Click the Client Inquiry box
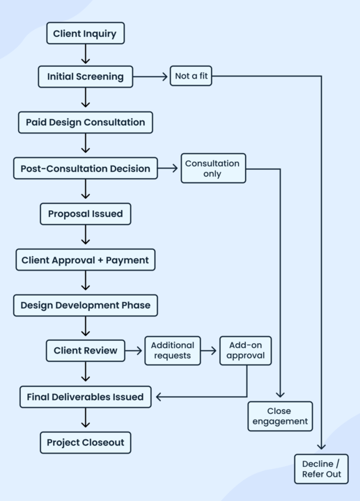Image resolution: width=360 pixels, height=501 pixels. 85,33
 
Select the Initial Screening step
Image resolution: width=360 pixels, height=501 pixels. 85,77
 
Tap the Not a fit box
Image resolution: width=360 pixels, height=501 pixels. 190,77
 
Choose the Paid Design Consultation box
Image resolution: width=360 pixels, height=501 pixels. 85,122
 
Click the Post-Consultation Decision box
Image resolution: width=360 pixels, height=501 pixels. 85,168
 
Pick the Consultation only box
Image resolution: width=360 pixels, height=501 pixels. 212,168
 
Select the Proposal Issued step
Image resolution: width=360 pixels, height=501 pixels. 85,214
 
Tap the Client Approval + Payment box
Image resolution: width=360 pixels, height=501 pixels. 85,260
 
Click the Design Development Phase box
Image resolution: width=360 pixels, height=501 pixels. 85,305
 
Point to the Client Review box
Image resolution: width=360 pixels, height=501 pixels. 85,351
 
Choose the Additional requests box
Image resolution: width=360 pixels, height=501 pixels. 172,351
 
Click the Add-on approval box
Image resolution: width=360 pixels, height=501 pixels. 245,351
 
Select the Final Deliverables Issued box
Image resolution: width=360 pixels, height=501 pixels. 85,397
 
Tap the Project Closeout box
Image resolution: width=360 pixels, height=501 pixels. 85,443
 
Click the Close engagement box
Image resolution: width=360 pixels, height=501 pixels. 279,416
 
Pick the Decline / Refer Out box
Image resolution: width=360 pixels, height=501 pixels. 321,469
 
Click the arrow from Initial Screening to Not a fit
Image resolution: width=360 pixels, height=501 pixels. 150,77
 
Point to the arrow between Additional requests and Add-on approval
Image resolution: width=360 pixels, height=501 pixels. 210,351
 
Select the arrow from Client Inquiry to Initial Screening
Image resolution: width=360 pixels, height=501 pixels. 85,55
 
